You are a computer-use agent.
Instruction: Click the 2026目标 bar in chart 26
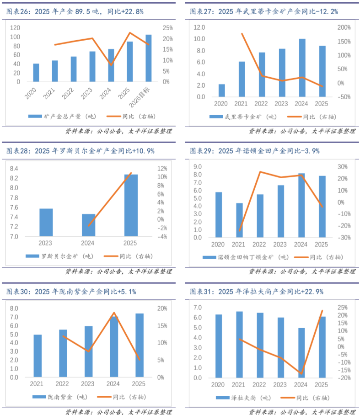click(x=149, y=59)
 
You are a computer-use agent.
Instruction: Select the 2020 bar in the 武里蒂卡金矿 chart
click(x=221, y=90)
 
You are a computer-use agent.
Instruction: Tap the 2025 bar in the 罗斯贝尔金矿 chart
click(x=131, y=205)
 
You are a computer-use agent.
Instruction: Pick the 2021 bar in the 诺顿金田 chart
click(x=239, y=220)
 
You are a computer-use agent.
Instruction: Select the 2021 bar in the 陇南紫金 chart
click(x=38, y=356)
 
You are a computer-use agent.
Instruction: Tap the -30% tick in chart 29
click(x=344, y=238)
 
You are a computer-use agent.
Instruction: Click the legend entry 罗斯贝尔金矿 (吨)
click(x=54, y=256)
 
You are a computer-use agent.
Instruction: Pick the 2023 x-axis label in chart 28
click(x=46, y=244)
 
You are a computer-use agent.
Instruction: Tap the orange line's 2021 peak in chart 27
click(x=242, y=33)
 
